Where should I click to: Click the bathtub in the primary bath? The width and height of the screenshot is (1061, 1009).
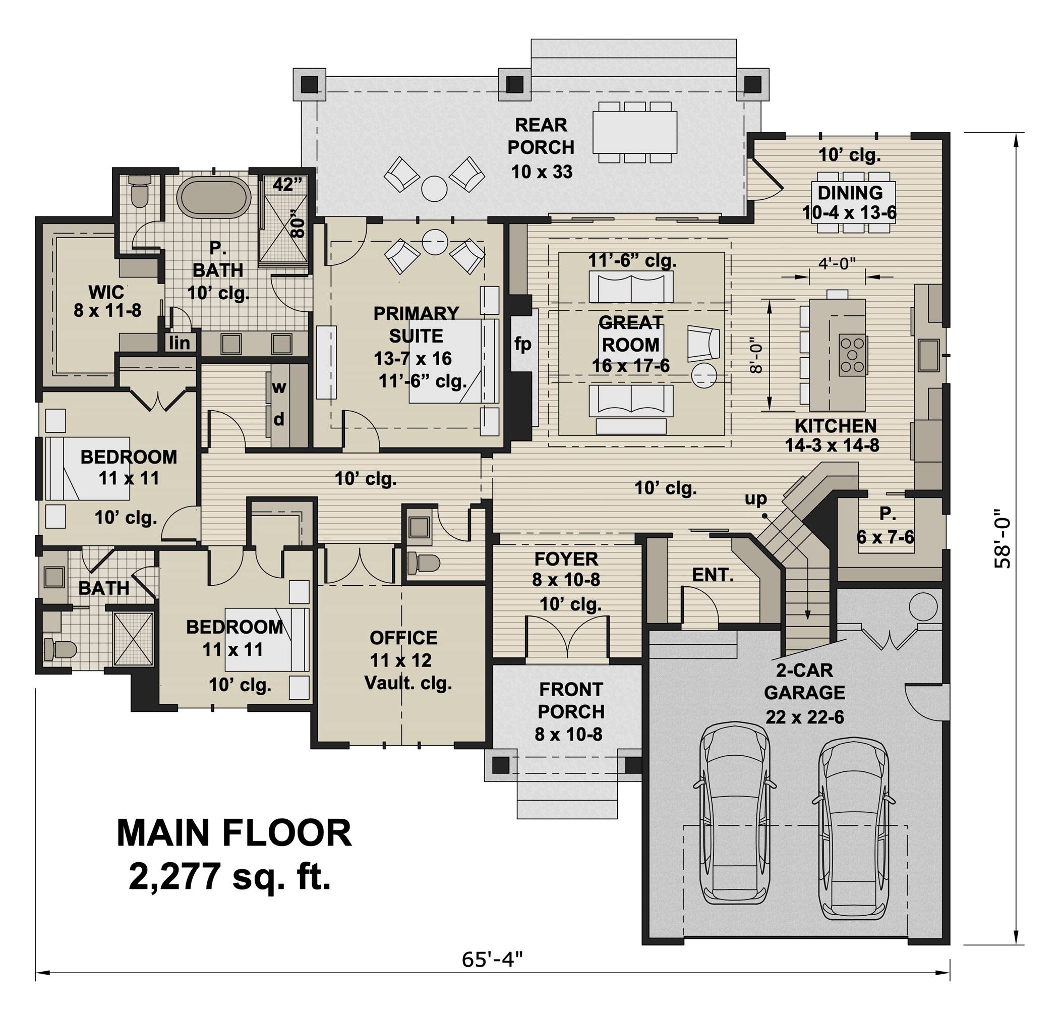[214, 197]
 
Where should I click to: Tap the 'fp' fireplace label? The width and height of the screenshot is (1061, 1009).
[522, 344]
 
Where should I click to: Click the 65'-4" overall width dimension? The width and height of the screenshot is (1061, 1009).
[492, 959]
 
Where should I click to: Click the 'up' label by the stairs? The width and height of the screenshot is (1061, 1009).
[755, 499]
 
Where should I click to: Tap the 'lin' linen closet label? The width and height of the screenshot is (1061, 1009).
[179, 343]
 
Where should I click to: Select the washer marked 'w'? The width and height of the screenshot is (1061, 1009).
[279, 387]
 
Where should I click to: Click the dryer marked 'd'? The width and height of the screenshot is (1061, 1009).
[279, 420]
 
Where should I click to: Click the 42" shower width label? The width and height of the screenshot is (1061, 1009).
[286, 184]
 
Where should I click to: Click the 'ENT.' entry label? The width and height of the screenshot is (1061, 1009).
[713, 575]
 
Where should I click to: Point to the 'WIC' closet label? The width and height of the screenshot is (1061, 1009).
[106, 292]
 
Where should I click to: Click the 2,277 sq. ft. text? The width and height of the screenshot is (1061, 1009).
[229, 876]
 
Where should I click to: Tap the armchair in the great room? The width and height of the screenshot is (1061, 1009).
[703, 344]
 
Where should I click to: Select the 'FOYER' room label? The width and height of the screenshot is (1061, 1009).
[566, 559]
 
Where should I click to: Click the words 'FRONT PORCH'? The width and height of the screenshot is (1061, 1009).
[571, 700]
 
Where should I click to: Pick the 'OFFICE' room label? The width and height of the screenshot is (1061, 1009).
[403, 637]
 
